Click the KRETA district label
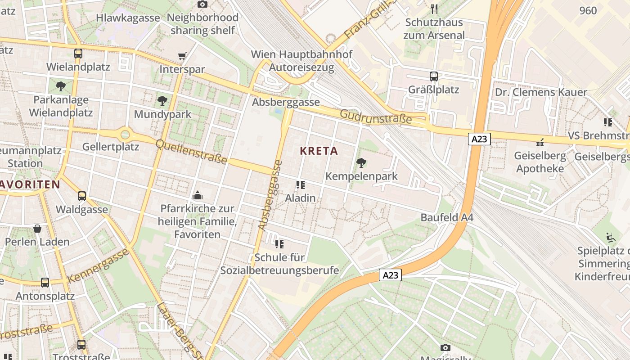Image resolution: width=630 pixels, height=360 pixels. click(x=319, y=151)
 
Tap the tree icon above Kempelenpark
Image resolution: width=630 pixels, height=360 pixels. click(x=361, y=163)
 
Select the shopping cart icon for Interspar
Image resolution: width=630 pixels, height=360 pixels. click(x=182, y=56)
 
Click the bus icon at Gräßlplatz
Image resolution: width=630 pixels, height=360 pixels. click(x=434, y=76)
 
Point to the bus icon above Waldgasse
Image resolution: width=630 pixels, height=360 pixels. click(x=82, y=196)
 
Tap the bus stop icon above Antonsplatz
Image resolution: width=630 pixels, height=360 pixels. click(x=45, y=283)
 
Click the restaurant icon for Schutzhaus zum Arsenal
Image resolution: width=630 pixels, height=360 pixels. click(x=434, y=9)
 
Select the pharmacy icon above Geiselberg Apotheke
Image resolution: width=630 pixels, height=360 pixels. click(x=540, y=143)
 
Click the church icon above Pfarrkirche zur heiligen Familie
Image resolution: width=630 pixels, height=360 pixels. click(x=197, y=195)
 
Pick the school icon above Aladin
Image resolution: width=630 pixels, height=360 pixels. click(x=301, y=184)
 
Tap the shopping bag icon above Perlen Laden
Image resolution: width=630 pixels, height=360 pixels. click(x=37, y=229)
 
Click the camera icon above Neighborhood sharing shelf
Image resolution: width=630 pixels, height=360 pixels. click(x=202, y=4)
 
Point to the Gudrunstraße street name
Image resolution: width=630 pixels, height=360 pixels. click(x=376, y=117)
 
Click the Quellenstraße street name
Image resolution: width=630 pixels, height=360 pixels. click(x=191, y=152)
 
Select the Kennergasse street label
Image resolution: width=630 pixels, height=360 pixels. click(x=98, y=265)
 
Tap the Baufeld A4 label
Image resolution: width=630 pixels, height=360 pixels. click(x=447, y=217)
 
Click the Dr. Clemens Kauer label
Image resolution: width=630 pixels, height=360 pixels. click(x=541, y=92)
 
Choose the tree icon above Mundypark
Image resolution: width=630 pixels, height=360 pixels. click(x=162, y=101)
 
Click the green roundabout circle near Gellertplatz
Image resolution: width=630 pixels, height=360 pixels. click(x=125, y=134)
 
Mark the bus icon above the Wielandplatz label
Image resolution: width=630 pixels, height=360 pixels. click(x=78, y=54)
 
